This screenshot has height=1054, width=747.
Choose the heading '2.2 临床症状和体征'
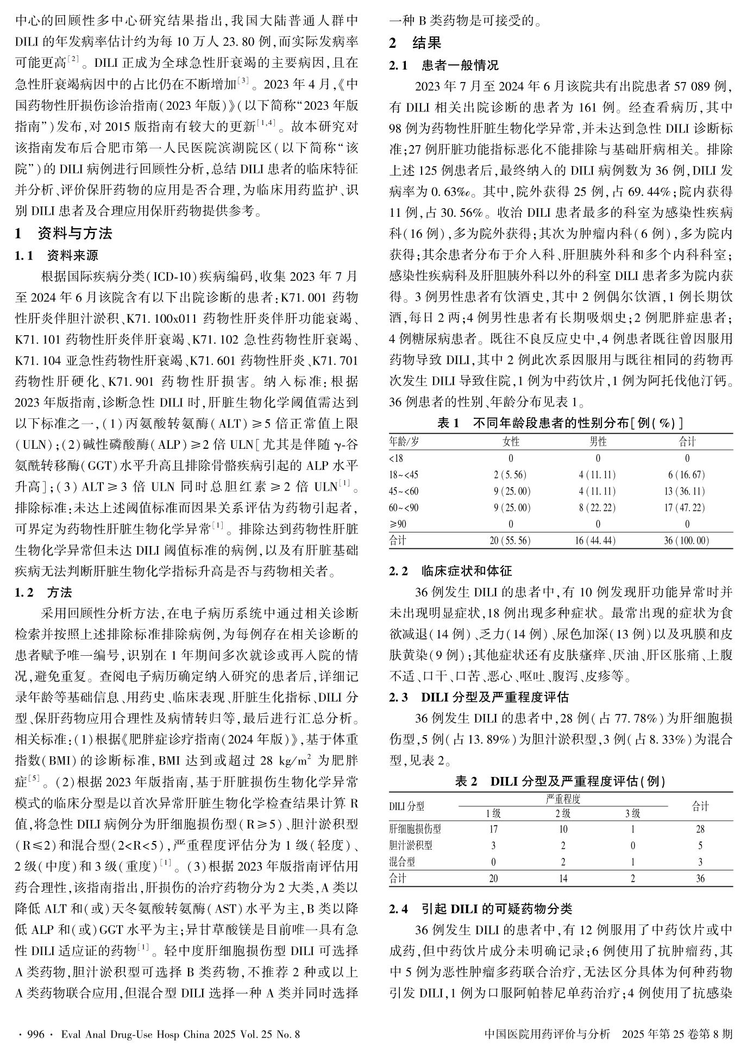[x=451, y=571]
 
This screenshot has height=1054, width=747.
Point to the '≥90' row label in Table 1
[x=398, y=524]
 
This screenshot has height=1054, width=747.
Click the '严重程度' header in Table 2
[x=563, y=799]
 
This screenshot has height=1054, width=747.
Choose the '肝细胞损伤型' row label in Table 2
[x=415, y=829]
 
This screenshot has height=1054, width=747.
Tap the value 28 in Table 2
[x=700, y=829]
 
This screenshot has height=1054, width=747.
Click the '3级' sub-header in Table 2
[x=632, y=813]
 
